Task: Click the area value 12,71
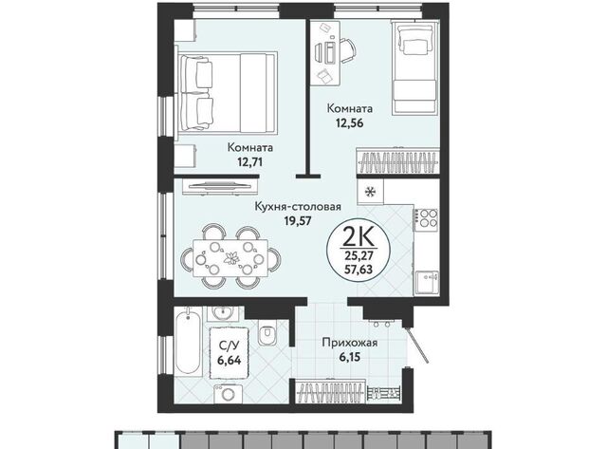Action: pyautogui.click(x=249, y=161)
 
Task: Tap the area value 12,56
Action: pyautogui.click(x=350, y=122)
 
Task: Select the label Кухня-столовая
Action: pyautogui.click(x=298, y=207)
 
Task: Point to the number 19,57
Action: pyautogui.click(x=298, y=220)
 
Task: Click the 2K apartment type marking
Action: pyautogui.click(x=359, y=237)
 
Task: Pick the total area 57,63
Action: pyautogui.click(x=359, y=269)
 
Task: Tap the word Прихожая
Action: pyautogui.click(x=350, y=343)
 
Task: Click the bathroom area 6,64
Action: pyautogui.click(x=230, y=361)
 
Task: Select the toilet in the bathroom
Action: pyautogui.click(x=267, y=333)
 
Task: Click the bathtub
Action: pyautogui.click(x=188, y=341)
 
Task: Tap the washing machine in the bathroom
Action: pyautogui.click(x=229, y=394)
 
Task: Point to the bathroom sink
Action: pyautogui.click(x=222, y=313)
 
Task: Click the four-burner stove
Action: pyautogui.click(x=427, y=218)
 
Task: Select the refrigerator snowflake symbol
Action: pyautogui.click(x=371, y=191)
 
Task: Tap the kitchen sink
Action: pyautogui.click(x=428, y=282)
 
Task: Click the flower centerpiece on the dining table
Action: pyautogui.click(x=231, y=258)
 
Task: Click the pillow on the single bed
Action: pyautogui.click(x=415, y=44)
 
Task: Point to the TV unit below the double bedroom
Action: pyautogui.click(x=220, y=186)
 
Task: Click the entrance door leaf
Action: pyautogui.click(x=417, y=344)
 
